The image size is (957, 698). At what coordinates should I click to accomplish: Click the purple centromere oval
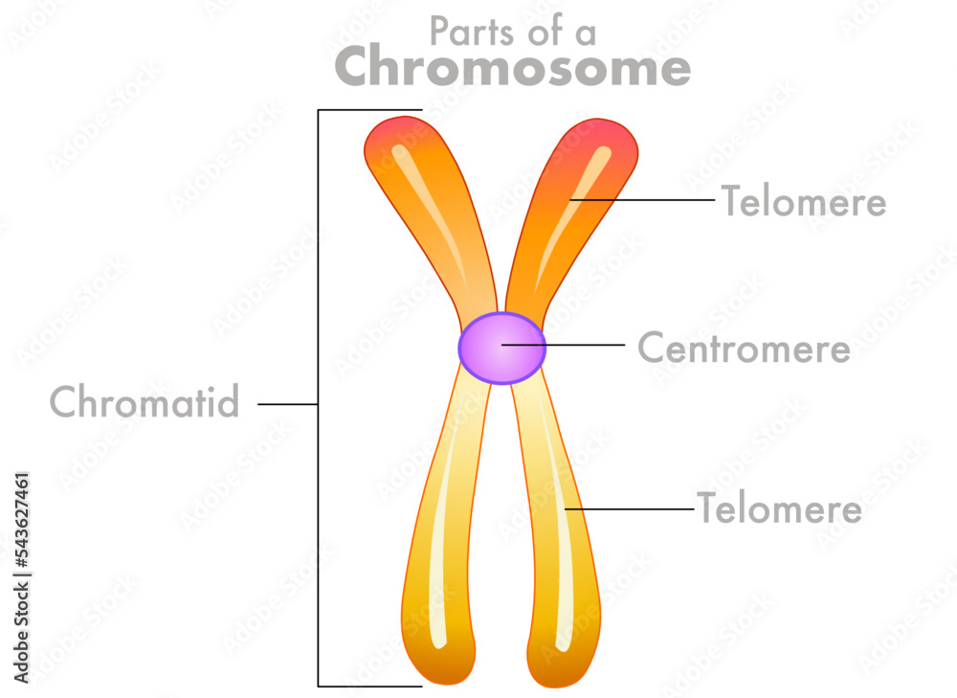click(x=501, y=348)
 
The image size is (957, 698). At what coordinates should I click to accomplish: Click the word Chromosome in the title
click(x=512, y=68)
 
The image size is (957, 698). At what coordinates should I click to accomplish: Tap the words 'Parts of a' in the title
click(x=512, y=32)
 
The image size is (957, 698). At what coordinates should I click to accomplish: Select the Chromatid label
click(x=145, y=403)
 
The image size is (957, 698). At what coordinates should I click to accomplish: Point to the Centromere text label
click(x=744, y=349)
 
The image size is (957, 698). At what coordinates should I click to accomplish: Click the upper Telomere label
click(x=803, y=202)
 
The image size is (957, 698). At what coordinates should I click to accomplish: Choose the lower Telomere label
click(x=779, y=508)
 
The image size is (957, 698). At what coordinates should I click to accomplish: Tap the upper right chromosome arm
click(x=565, y=211)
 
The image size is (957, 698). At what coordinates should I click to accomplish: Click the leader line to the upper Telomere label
click(x=651, y=200)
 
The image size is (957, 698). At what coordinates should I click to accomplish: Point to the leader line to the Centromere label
click(x=574, y=344)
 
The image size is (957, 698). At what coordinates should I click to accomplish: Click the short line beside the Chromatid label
click(x=287, y=404)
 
